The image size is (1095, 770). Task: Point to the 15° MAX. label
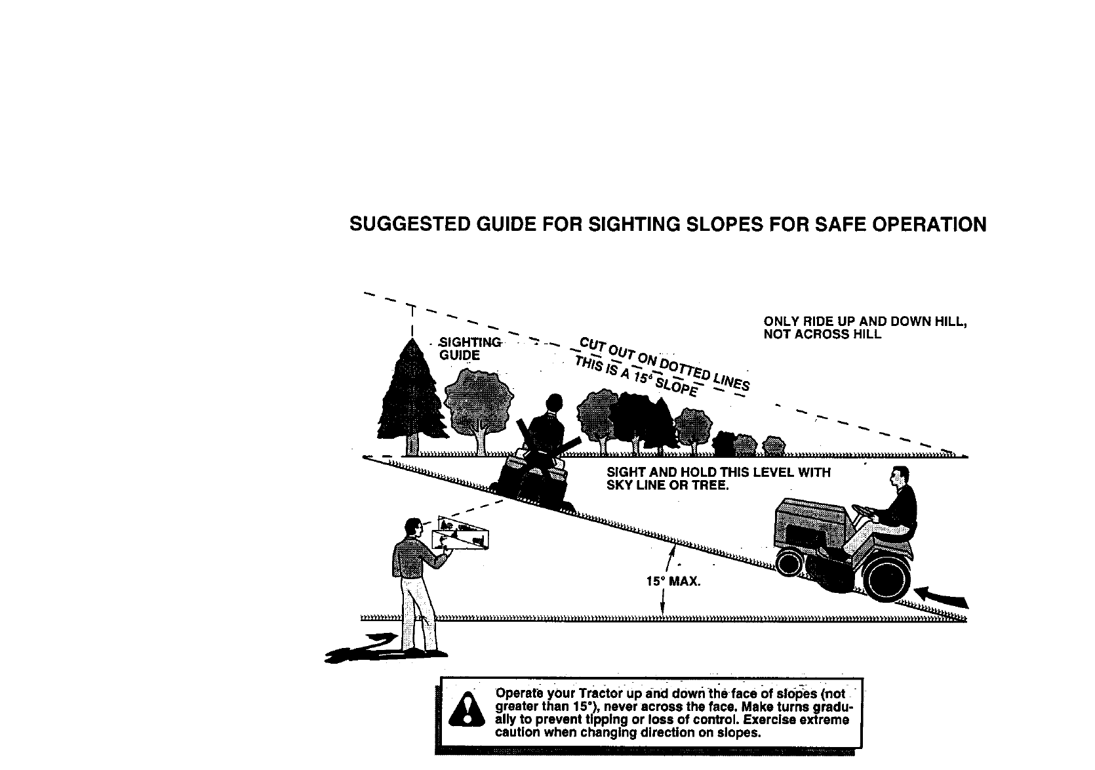click(x=673, y=581)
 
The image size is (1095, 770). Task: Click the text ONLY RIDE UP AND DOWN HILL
click(x=865, y=322)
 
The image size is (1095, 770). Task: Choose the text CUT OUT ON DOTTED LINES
click(x=664, y=364)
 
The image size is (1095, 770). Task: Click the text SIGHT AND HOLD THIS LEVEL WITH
click(x=718, y=473)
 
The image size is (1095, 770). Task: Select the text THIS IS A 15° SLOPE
click(x=635, y=376)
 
